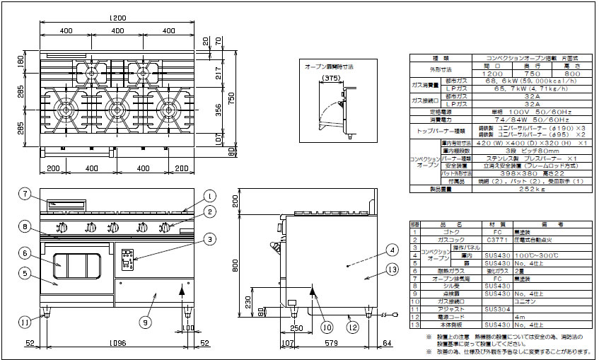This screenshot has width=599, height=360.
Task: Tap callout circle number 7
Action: (x=24, y=193)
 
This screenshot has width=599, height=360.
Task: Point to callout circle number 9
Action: (x=144, y=322)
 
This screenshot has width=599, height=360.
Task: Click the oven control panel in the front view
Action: (x=128, y=260)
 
